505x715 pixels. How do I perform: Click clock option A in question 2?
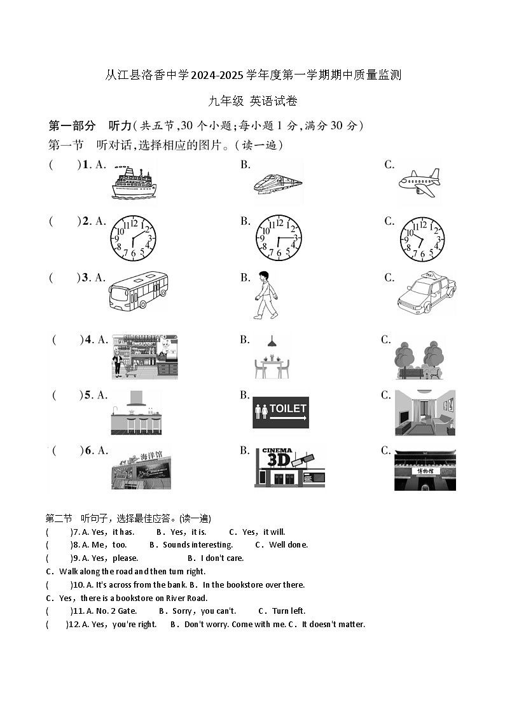(132, 238)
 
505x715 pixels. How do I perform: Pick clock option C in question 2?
(422, 238)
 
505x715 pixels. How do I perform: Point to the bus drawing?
(139, 292)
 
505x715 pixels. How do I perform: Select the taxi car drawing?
(426, 295)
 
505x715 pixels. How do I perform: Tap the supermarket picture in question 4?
(144, 357)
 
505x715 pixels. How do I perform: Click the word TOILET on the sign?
(288, 408)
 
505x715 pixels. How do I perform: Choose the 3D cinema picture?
(289, 467)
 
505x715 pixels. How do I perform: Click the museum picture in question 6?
(425, 470)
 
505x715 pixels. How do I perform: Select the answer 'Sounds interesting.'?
(198, 544)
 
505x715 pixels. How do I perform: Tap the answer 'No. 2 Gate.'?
(116, 611)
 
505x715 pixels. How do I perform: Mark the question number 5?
(87, 395)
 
